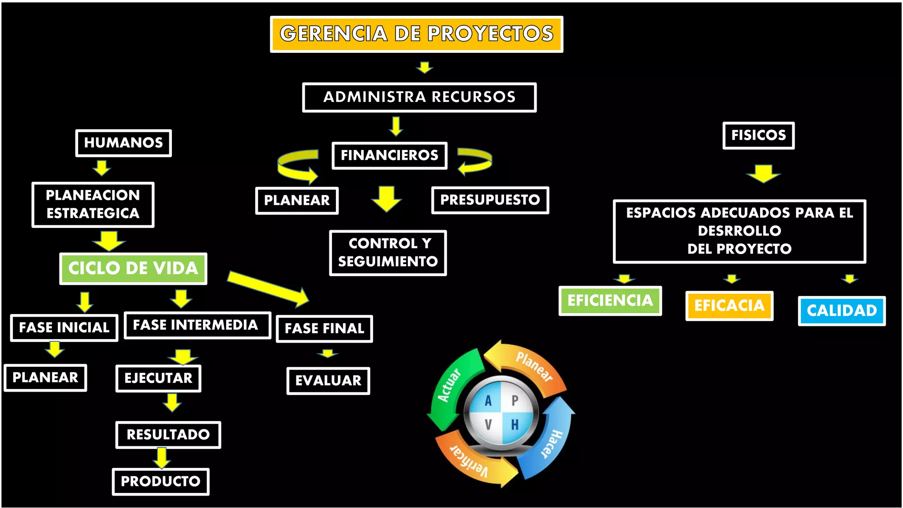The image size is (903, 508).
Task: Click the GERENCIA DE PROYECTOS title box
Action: [416, 34]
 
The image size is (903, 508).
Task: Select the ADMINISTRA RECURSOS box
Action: [419, 97]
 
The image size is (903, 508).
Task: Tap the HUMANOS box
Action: [123, 143]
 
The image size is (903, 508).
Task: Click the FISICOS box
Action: [758, 135]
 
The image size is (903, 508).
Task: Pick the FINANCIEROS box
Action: [389, 155]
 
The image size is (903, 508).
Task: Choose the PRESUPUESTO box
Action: [490, 200]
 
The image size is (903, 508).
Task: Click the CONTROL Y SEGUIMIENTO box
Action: [388, 253]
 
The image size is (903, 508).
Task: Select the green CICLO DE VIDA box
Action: [133, 269]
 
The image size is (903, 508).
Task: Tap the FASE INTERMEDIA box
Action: [197, 325]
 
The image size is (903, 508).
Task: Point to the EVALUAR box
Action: [328, 381]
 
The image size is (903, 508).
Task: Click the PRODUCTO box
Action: [160, 482]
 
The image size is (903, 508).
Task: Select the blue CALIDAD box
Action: [841, 311]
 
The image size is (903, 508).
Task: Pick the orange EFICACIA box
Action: [729, 306]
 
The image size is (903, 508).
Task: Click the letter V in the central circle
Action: [488, 425]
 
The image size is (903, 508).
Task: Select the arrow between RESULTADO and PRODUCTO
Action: [162, 458]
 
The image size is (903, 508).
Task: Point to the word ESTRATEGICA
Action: [93, 213]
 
